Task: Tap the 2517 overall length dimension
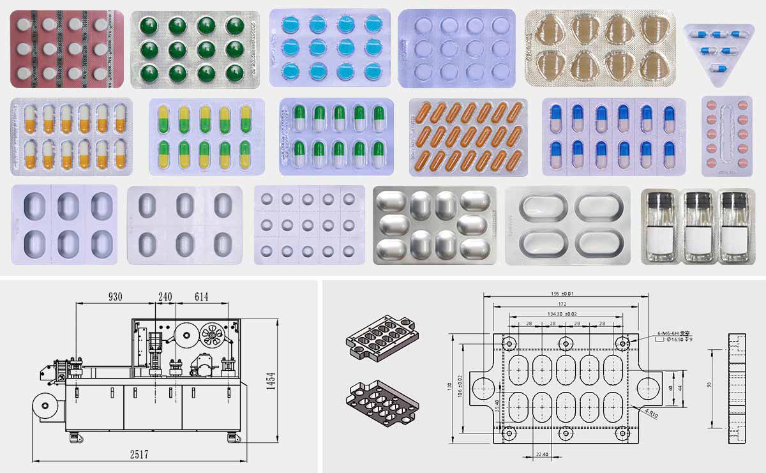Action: click(139, 454)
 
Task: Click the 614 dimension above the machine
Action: click(202, 297)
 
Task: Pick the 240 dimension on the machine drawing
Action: click(165, 297)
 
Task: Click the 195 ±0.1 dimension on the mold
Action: click(561, 294)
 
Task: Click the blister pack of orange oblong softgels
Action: click(468, 137)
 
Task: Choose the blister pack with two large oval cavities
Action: click(567, 225)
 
